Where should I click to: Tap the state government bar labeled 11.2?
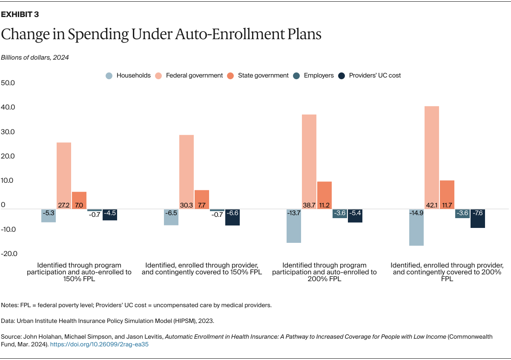(324, 195)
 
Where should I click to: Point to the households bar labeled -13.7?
(293, 226)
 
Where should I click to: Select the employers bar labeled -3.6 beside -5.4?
(340, 213)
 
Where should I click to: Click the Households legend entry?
(128, 75)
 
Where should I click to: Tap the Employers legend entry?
(313, 75)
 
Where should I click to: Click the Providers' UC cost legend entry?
(369, 75)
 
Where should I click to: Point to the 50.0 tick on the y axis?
(8, 83)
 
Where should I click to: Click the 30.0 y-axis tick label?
(8, 132)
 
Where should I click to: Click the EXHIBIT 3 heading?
(20, 14)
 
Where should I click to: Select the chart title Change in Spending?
(161, 35)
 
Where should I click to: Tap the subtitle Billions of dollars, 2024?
(35, 58)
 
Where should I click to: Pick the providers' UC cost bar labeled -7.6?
(478, 219)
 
